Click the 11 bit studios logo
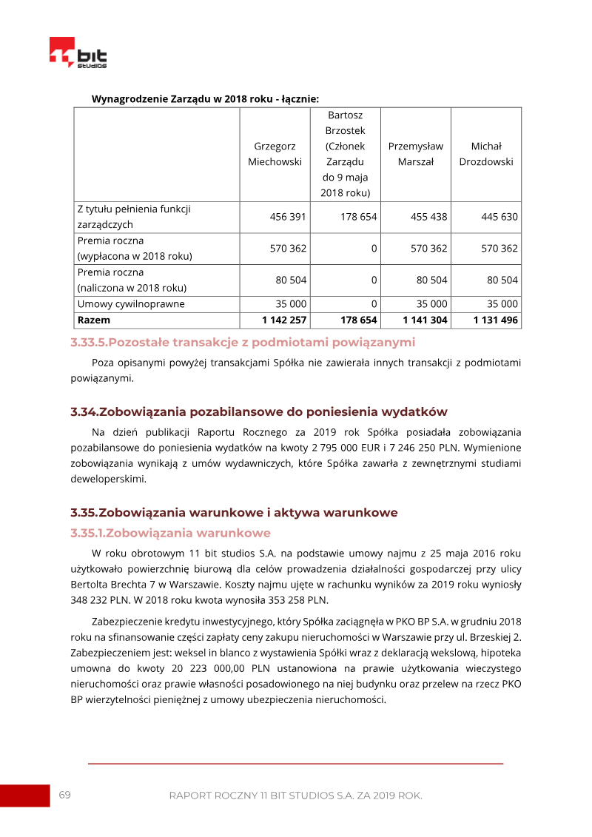[x=78, y=53]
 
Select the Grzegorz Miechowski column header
[x=275, y=154]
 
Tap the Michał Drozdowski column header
[x=485, y=154]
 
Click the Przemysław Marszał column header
[x=415, y=154]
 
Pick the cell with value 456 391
[x=288, y=217]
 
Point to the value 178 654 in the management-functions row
[x=358, y=217]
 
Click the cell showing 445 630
[x=499, y=217]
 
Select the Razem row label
[x=93, y=320]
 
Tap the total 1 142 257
[x=284, y=320]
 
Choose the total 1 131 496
[x=496, y=320]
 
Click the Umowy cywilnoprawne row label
[x=131, y=304]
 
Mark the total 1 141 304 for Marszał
[x=425, y=320]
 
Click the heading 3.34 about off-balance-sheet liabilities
[x=259, y=411]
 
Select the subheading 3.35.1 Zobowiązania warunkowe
[x=170, y=533]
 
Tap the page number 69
[x=65, y=795]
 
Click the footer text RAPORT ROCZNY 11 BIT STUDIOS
[x=295, y=796]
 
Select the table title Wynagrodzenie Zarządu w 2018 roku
[x=205, y=98]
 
